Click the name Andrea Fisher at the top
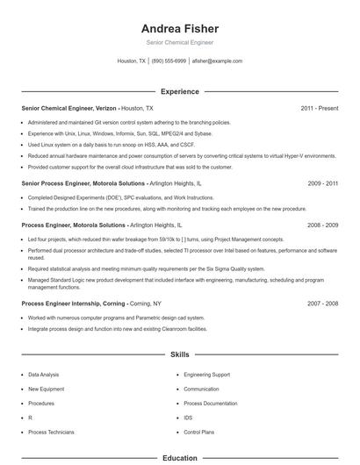click(x=180, y=28)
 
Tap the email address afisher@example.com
click(x=217, y=61)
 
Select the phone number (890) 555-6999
click(x=169, y=61)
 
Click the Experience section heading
click(x=180, y=91)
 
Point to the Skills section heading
click(x=180, y=354)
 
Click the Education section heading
click(x=180, y=458)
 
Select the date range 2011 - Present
click(x=319, y=108)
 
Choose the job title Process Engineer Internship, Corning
click(x=73, y=304)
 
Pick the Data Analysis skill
click(x=44, y=375)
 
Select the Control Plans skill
click(x=198, y=433)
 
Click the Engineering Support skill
click(x=206, y=375)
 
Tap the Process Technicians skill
click(x=50, y=433)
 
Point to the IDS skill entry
click(x=188, y=418)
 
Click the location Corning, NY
click(x=147, y=304)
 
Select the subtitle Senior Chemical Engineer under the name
click(x=180, y=42)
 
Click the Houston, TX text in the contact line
click(x=132, y=61)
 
